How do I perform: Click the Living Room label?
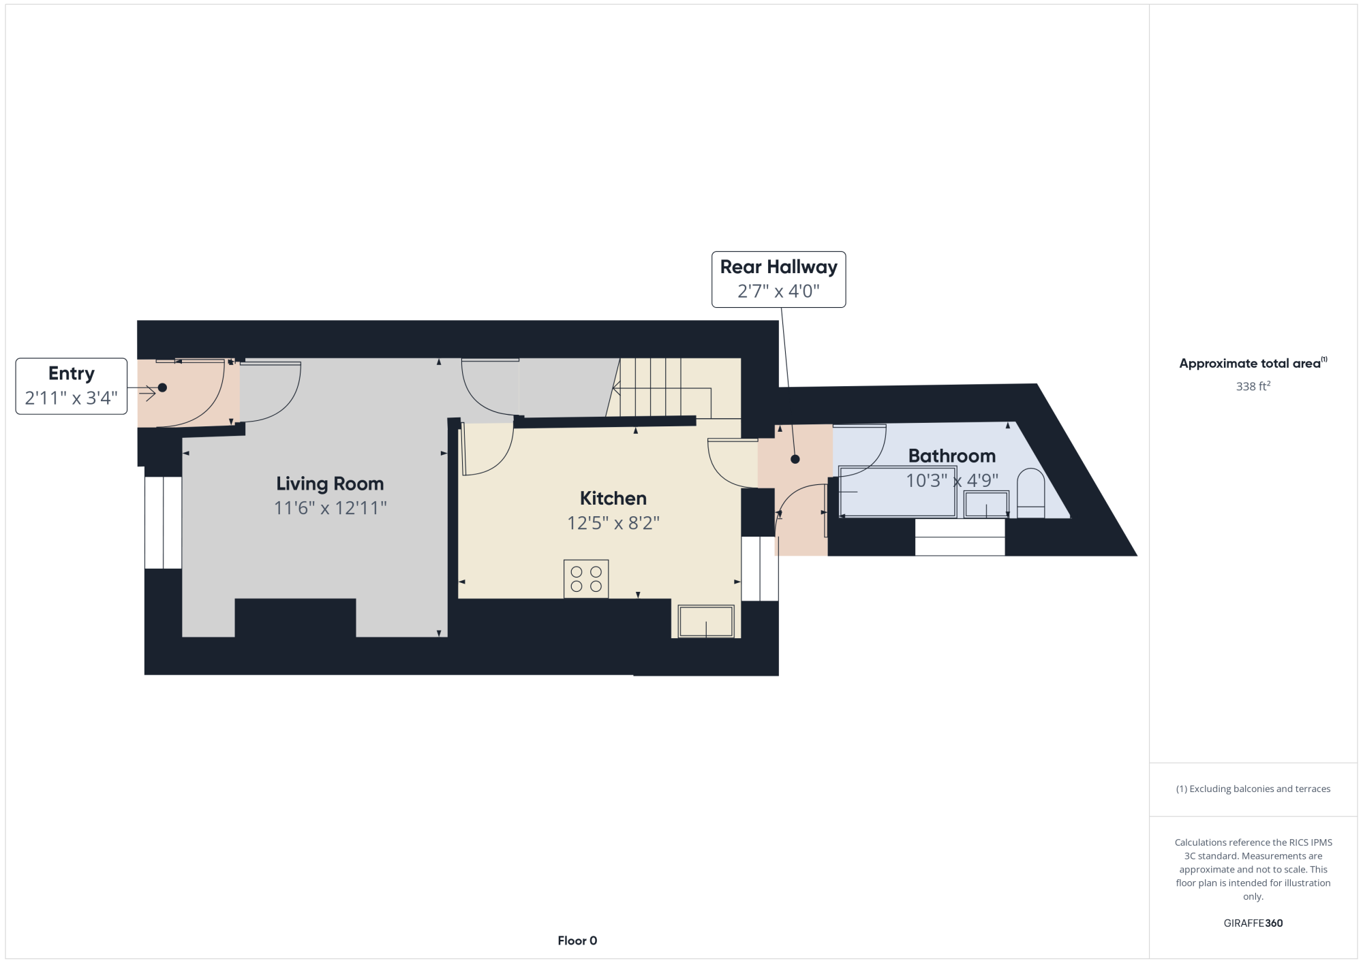330,484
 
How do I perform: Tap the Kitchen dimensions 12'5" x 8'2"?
613,523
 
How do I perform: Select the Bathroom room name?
952,456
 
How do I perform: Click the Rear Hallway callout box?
779,279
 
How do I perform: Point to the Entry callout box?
72,386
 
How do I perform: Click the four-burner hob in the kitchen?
586,579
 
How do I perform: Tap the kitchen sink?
706,621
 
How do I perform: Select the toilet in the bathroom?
1030,493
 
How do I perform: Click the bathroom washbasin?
986,504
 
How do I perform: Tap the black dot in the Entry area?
162,388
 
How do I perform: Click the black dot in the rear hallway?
795,459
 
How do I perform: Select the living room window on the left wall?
163,522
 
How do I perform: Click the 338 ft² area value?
1253,386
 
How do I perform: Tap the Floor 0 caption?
577,941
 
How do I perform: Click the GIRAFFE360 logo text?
1253,923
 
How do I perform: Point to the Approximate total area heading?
1253,363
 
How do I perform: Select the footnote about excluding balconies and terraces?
1253,789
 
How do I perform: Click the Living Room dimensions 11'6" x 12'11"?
331,508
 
